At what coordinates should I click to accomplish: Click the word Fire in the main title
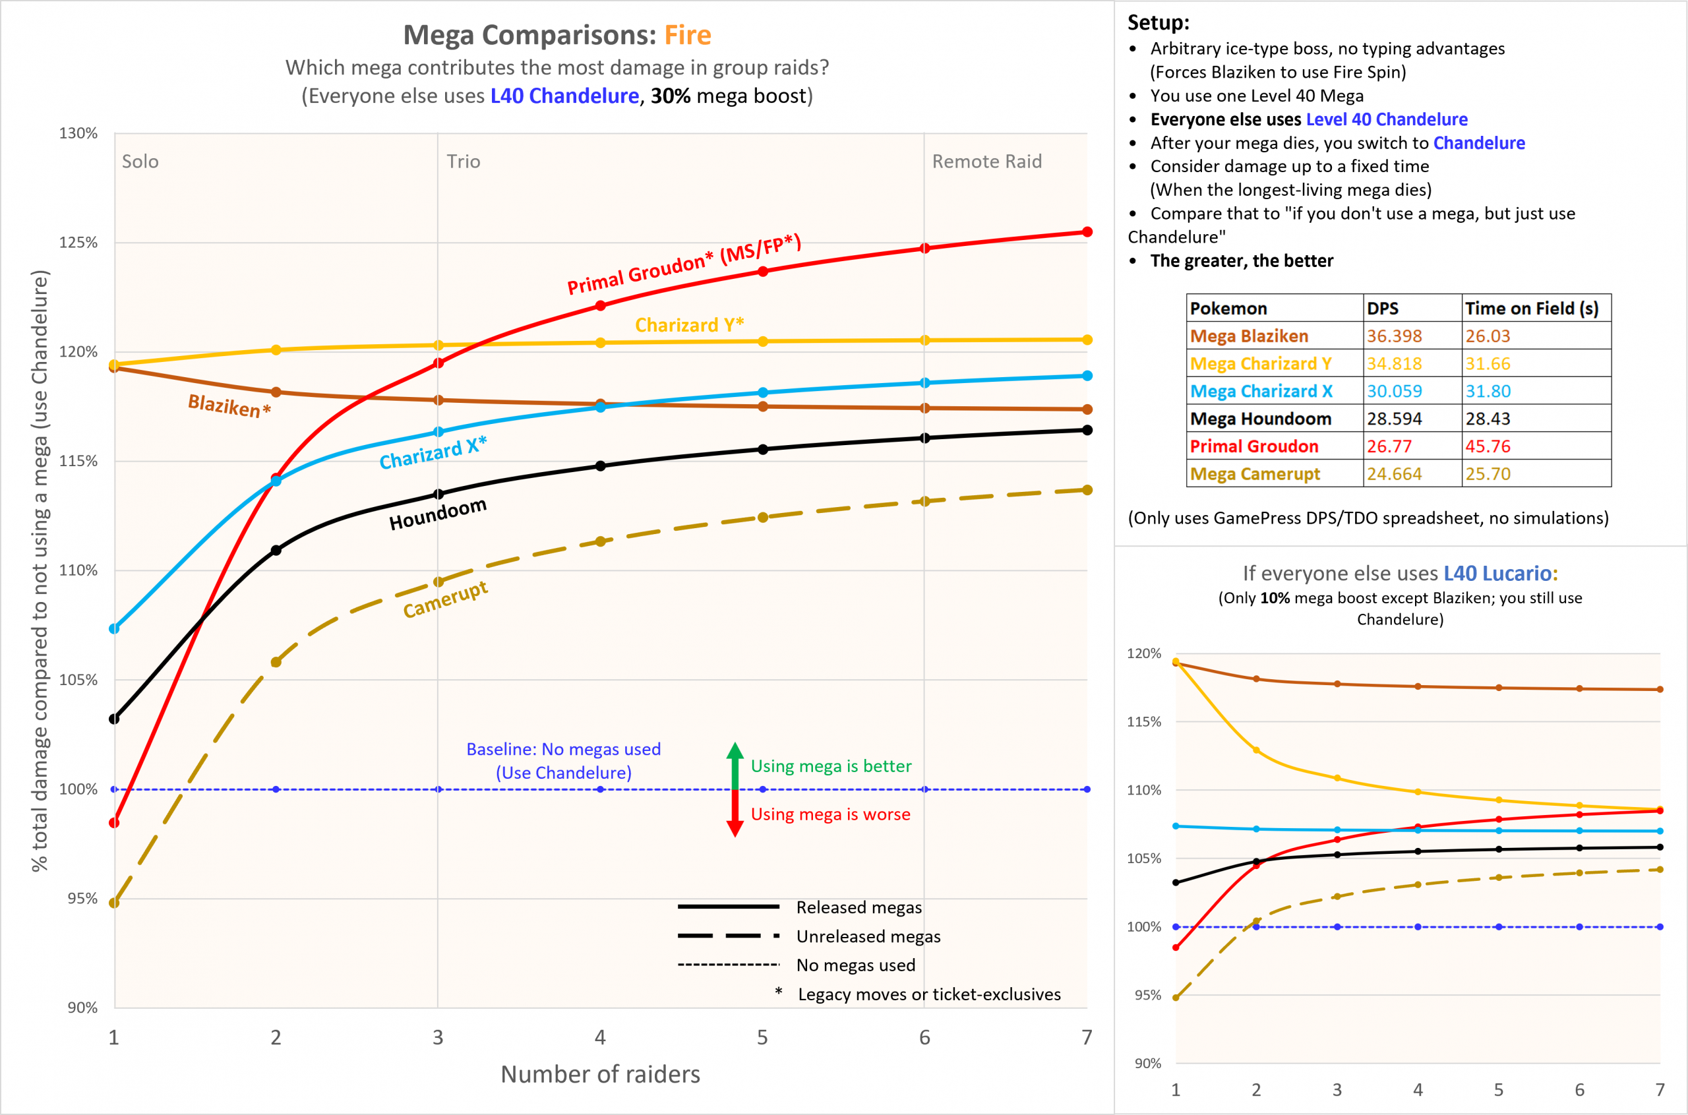[x=688, y=35]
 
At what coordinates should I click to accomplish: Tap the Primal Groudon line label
[x=683, y=264]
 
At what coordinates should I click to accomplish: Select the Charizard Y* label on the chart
[x=689, y=325]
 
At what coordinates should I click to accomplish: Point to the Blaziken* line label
[x=229, y=406]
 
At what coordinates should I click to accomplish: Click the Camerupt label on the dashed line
[x=445, y=599]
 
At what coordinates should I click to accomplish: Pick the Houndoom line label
[x=437, y=514]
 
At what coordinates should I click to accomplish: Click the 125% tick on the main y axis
[x=78, y=243]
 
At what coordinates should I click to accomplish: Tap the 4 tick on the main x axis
[x=600, y=1037]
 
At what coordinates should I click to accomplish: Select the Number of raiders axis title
[x=600, y=1073]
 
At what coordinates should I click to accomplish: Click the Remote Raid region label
[x=986, y=162]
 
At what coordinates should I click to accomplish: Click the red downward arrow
[x=735, y=816]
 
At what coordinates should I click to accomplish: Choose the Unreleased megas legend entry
[x=868, y=936]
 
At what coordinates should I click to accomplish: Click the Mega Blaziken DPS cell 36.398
[x=1394, y=336]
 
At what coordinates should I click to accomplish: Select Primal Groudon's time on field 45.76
[x=1488, y=446]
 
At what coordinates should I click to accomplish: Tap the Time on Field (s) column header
[x=1532, y=308]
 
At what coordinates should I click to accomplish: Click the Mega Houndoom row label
[x=1260, y=419]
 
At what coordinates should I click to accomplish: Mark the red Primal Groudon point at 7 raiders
[x=1087, y=232]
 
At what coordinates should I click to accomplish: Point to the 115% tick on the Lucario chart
[x=1143, y=722]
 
